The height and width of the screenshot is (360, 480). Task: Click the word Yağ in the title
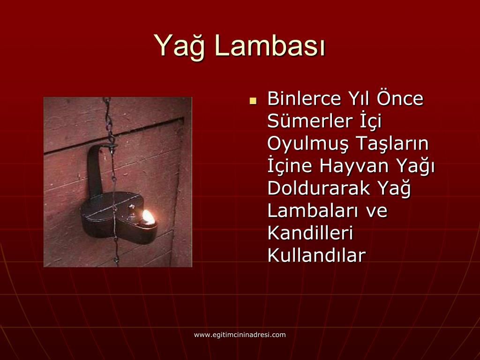pos(180,46)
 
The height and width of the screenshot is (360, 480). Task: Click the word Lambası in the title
pos(270,46)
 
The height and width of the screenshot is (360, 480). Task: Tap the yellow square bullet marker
pos(253,100)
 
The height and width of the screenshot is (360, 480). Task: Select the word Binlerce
pos(304,99)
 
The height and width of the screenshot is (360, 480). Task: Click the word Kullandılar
pos(316,255)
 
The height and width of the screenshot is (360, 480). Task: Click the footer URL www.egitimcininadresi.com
pos(240,335)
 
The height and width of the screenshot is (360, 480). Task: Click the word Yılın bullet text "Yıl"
pos(358,99)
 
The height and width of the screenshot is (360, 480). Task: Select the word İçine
pos(291,166)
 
